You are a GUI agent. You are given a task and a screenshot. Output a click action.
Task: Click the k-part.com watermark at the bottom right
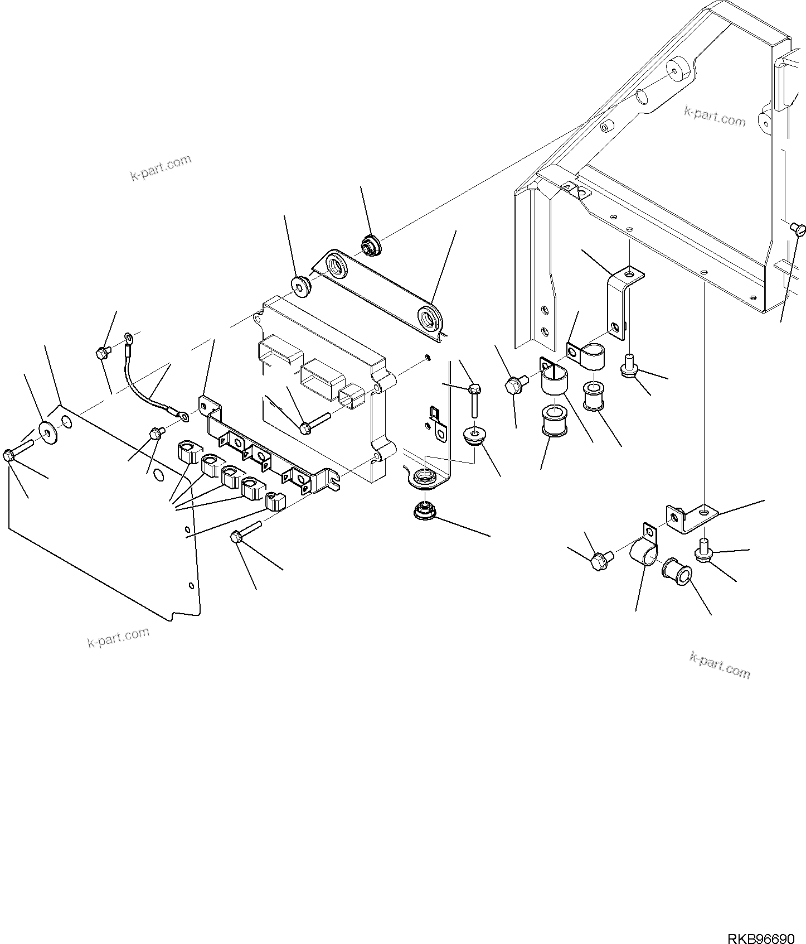[x=720, y=665]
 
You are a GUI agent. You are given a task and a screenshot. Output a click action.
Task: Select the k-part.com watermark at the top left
[x=161, y=168]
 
